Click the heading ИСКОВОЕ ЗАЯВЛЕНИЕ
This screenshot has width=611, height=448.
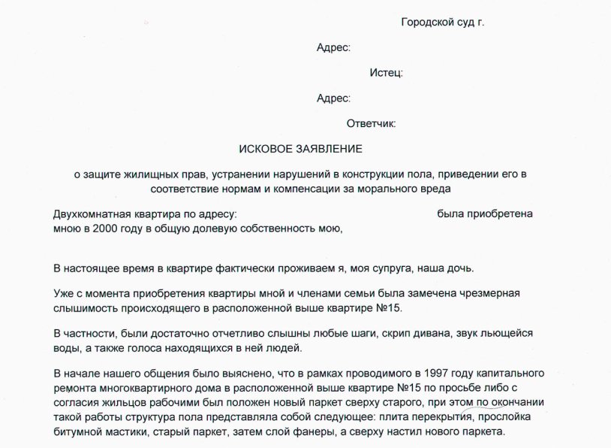[300, 149]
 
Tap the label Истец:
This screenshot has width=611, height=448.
[386, 73]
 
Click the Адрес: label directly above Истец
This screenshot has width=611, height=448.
[333, 47]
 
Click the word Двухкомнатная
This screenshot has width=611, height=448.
[95, 214]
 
